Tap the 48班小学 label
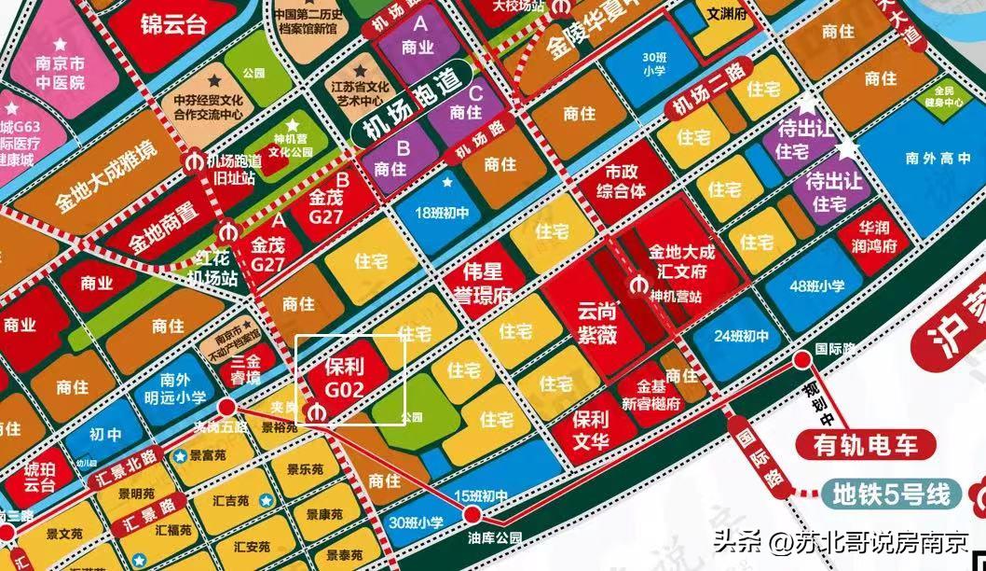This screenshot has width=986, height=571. pos(816,286)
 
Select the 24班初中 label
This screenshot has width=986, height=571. pos(743,336)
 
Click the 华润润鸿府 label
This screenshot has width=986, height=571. pos(878,237)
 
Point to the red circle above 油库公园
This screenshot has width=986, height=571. pos(472,514)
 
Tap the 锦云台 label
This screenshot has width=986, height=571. pos(172,23)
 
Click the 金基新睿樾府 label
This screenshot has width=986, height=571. pos(652,397)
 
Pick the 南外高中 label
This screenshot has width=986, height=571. pos(932,159)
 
